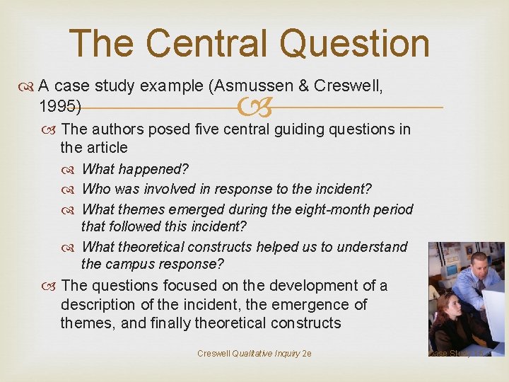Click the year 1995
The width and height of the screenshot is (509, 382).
(58, 107)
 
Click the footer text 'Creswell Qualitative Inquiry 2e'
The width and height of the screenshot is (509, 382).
(255, 353)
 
